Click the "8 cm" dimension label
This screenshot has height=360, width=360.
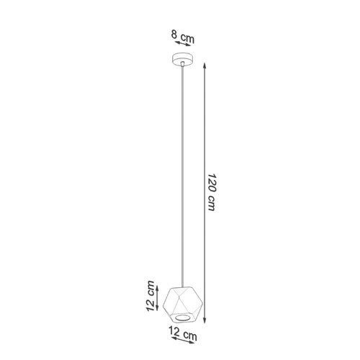(x=183, y=37)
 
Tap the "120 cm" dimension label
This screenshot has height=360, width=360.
(x=212, y=192)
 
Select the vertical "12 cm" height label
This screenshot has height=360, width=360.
(x=150, y=296)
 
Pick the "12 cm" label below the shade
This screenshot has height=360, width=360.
(x=183, y=333)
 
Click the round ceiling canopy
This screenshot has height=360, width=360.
(x=183, y=59)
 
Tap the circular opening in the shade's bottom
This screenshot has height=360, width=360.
(x=183, y=318)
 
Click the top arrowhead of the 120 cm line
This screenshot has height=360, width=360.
(x=204, y=65)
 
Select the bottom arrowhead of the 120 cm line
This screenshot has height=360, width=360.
(x=204, y=320)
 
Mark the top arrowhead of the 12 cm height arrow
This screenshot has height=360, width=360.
(x=157, y=288)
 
